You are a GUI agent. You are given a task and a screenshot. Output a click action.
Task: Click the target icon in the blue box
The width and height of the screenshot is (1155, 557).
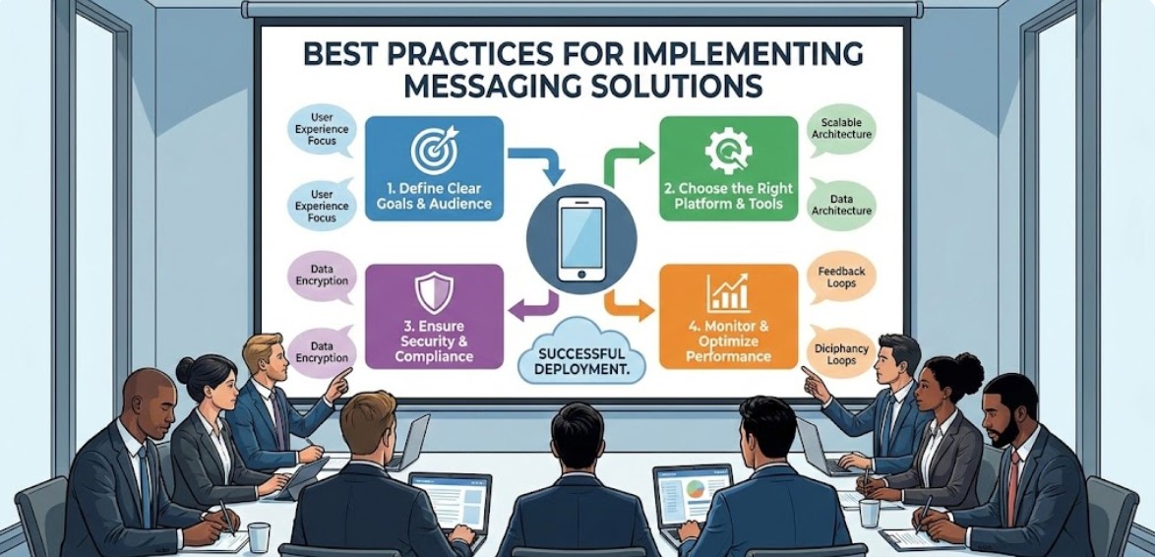pos(434,150)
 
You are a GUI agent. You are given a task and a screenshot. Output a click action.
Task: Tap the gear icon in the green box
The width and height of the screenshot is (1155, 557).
pos(728,151)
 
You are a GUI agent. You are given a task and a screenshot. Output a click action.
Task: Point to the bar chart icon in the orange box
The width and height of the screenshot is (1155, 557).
pos(728,292)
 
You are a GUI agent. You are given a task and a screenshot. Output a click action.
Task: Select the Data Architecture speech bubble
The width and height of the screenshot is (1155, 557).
pos(839,203)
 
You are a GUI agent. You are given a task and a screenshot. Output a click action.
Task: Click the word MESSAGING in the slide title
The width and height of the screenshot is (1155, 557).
pos(490,86)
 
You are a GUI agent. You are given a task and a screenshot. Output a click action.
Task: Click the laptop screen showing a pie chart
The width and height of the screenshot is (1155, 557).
pos(693,489)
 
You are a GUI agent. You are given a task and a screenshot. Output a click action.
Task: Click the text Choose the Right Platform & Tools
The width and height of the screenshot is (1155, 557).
pos(727,197)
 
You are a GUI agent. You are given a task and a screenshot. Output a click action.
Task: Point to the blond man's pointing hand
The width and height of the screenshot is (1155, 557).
pos(338,382)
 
